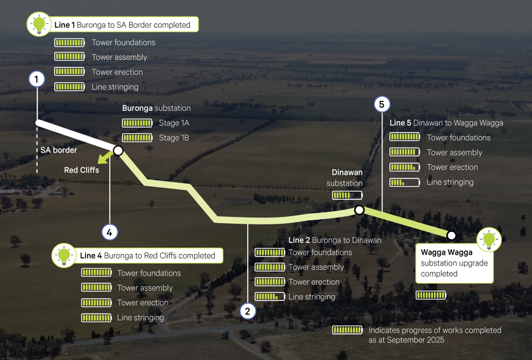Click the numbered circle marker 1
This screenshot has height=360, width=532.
[x=37, y=79]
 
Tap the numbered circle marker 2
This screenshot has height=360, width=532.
[x=248, y=311]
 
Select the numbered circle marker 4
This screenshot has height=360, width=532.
[x=110, y=232]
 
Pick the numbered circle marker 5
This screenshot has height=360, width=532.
[x=381, y=104]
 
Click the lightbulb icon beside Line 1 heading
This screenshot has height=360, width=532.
[x=39, y=25]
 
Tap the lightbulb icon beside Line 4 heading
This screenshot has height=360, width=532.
[x=64, y=255]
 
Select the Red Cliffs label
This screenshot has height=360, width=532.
[x=81, y=170]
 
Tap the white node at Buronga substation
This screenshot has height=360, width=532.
[x=118, y=151]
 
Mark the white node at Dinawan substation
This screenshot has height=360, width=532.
[x=359, y=210]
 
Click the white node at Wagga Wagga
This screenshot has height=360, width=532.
[x=451, y=235]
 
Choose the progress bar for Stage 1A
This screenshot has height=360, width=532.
[x=137, y=123]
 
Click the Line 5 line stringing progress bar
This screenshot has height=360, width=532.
[x=405, y=182]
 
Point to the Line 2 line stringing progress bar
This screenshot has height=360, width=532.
[x=270, y=296]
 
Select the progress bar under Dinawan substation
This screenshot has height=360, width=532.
[x=347, y=195]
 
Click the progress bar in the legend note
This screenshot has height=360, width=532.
[x=347, y=330]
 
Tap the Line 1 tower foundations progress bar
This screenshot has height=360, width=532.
[x=69, y=42]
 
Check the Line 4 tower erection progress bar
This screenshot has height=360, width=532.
[x=96, y=303]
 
